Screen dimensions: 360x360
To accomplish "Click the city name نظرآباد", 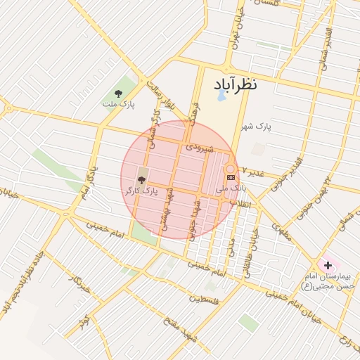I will click(x=234, y=83).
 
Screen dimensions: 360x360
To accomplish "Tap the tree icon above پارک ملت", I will click(x=118, y=94).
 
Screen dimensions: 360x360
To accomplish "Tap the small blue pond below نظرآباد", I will click(x=222, y=96).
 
